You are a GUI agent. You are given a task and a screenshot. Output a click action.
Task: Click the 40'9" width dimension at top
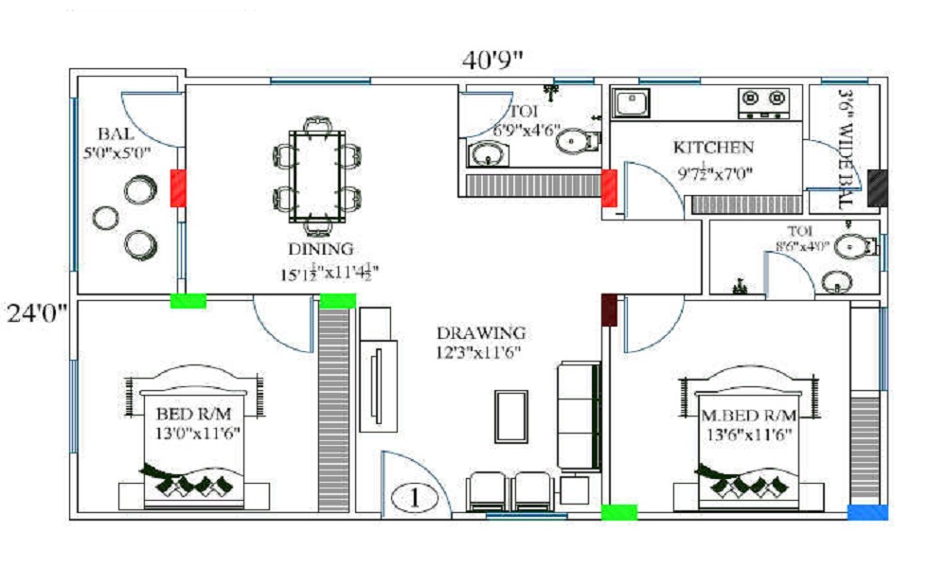coord(492,59)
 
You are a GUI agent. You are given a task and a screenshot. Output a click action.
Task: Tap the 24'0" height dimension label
coord(35,311)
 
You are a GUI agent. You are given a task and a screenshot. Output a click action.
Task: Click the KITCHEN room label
coord(713,148)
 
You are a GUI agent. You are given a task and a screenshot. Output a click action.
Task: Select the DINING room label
coord(321,249)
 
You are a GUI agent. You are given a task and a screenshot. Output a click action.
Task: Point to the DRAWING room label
coord(480,333)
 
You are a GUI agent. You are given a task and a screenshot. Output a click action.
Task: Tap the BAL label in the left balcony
coord(116,133)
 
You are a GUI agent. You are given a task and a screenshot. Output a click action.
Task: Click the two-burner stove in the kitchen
coord(763,101)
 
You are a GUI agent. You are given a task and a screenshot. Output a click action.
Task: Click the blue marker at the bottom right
coord(867,512)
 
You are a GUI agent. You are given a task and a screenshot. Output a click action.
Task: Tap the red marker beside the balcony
coord(178,187)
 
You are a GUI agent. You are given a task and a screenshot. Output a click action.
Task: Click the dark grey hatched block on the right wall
coord(877,188)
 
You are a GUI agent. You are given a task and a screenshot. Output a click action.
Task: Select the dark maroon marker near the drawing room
coord(609,310)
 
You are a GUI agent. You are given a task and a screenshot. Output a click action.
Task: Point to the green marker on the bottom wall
coord(619,512)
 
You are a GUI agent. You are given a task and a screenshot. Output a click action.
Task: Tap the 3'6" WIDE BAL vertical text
coord(846,149)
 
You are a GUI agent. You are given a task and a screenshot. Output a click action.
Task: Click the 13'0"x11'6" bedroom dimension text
coord(197,433)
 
